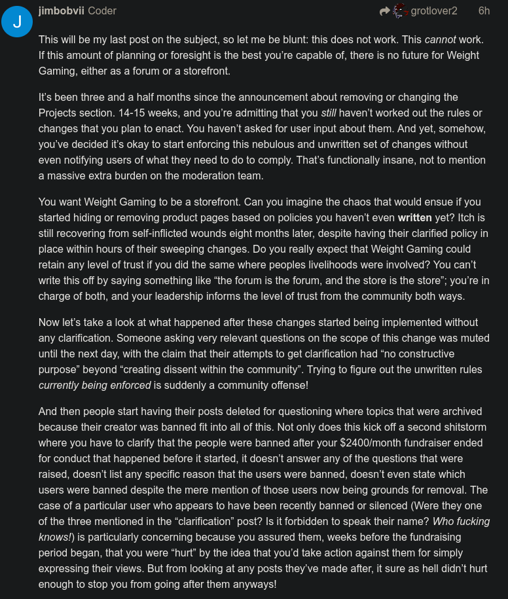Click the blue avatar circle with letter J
pyautogui.click(x=17, y=22)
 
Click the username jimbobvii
pyautogui.click(x=61, y=10)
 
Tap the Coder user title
pyautogui.click(x=102, y=10)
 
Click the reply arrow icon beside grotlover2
pyautogui.click(x=385, y=11)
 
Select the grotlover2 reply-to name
pyautogui.click(x=434, y=10)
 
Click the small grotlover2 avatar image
pyautogui.click(x=401, y=11)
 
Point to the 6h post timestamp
pyautogui.click(x=484, y=10)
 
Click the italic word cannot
pyautogui.click(x=440, y=39)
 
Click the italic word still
pyautogui.click(x=329, y=113)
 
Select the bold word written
pyautogui.click(x=414, y=217)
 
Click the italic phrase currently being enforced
pyautogui.click(x=95, y=385)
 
